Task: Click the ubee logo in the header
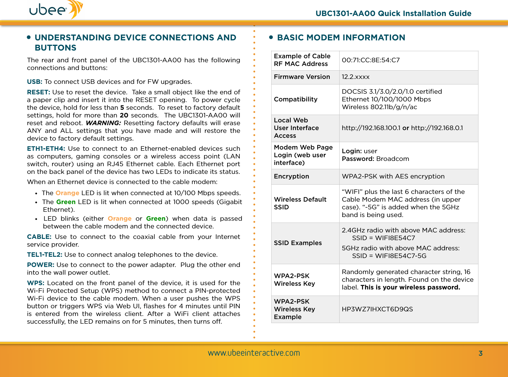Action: click(x=55, y=10)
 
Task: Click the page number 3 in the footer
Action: click(x=480, y=353)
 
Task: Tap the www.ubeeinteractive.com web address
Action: click(x=254, y=353)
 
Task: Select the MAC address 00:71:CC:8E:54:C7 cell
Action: click(x=371, y=60)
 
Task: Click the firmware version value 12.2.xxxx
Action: click(x=356, y=77)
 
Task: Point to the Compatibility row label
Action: click(x=296, y=99)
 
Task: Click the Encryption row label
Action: click(x=291, y=176)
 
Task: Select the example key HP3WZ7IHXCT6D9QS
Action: click(x=377, y=309)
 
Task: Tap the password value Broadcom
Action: click(x=393, y=159)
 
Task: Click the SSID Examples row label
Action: click(x=298, y=243)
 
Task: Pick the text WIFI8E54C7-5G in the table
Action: click(x=401, y=256)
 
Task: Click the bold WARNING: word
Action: click(x=103, y=123)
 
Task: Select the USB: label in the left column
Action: click(x=34, y=82)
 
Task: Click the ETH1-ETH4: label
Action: click(x=46, y=149)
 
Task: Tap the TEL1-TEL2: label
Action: click(x=45, y=255)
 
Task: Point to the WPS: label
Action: click(x=36, y=283)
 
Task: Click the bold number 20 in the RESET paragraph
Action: click(x=124, y=115)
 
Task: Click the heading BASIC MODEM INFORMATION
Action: click(x=341, y=38)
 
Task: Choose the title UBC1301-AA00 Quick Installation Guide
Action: click(x=393, y=14)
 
